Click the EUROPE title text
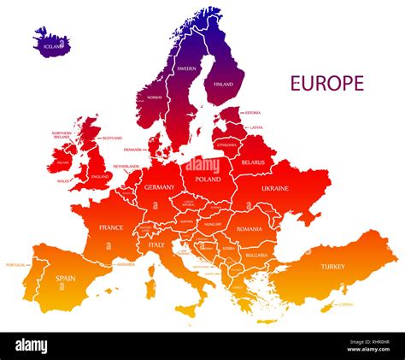pyautogui.click(x=327, y=83)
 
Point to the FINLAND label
pyautogui.click(x=223, y=85)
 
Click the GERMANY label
pyautogui.click(x=159, y=186)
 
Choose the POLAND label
pyautogui.click(x=208, y=180)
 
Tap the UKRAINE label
pyautogui.click(x=275, y=188)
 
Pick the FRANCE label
pyautogui.click(x=111, y=227)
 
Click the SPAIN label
pyautogui.click(x=66, y=278)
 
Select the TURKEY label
pyautogui.click(x=333, y=266)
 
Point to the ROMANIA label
pyautogui.click(x=249, y=229)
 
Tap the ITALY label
pyautogui.click(x=157, y=245)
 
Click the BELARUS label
pyautogui.click(x=253, y=162)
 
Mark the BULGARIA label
pyautogui.click(x=256, y=255)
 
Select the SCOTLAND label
pyautogui.click(x=112, y=138)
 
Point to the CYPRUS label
pyautogui.click(x=345, y=304)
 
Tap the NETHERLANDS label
pyautogui.click(x=126, y=167)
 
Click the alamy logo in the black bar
pyautogui.click(x=32, y=345)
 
